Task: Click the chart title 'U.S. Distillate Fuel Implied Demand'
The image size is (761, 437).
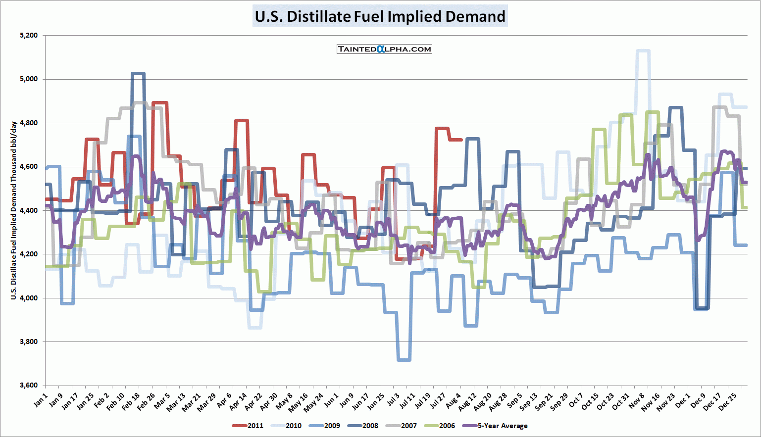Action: point(380,16)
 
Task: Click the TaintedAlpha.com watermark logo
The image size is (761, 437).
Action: point(384,49)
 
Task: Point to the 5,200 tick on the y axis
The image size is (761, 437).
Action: point(29,36)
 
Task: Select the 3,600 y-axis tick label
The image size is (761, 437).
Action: point(29,386)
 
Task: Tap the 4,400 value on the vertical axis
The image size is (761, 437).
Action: point(29,210)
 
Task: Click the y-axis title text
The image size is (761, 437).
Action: point(14,210)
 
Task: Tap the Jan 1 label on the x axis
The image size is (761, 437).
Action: point(41,400)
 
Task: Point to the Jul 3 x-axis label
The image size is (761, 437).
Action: point(394,400)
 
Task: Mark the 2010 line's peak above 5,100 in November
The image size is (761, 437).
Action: point(643,50)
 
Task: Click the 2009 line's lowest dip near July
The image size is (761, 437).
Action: point(404,360)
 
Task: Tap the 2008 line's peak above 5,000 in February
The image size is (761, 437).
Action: point(138,74)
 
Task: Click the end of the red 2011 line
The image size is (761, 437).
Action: point(461,140)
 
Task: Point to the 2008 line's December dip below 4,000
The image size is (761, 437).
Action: point(702,308)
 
